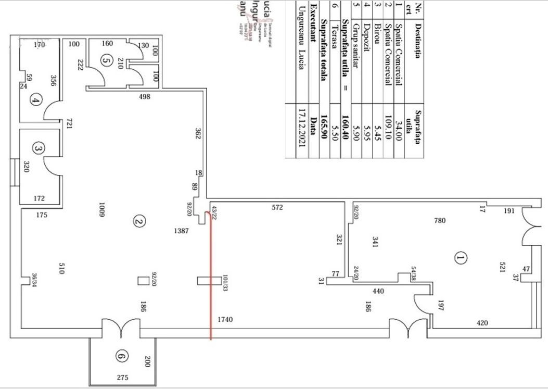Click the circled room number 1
click(x=460, y=257)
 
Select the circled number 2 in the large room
click(x=138, y=222)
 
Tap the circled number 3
click(x=37, y=149)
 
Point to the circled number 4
click(x=35, y=100)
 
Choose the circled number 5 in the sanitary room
click(x=107, y=61)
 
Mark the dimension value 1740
click(x=225, y=319)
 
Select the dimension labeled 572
click(x=277, y=207)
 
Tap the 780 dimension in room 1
click(x=440, y=221)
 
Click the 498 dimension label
click(x=145, y=97)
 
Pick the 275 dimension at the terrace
click(x=122, y=378)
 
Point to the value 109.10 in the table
click(x=387, y=132)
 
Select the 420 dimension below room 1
click(x=482, y=323)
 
